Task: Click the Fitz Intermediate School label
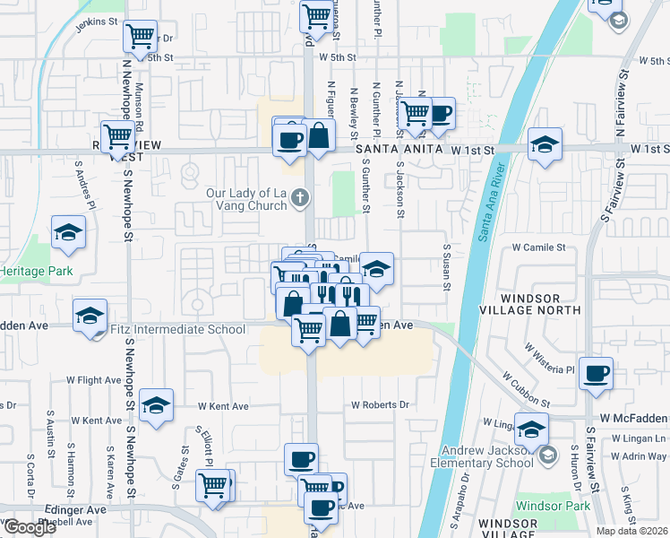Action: [x=177, y=330]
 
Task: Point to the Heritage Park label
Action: [x=35, y=271]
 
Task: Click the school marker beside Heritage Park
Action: [x=68, y=233]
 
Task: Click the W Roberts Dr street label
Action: [x=380, y=405]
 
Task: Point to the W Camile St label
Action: [x=538, y=247]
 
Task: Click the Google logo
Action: [x=29, y=527]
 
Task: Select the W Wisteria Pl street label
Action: [x=549, y=357]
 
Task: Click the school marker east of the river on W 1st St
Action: [x=544, y=144]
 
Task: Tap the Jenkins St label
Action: [x=97, y=22]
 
